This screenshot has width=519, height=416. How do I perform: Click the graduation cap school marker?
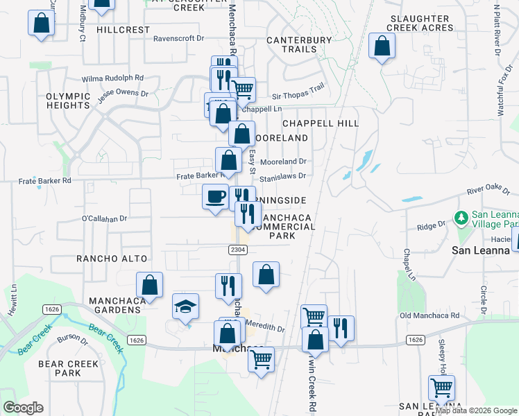186,306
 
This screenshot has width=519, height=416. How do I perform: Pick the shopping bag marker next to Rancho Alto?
149,284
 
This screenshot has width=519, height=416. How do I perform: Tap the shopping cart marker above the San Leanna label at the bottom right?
441,388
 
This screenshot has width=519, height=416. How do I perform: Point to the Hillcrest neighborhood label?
124,30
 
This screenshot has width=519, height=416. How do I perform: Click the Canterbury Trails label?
299,44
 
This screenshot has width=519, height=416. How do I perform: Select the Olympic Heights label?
68,100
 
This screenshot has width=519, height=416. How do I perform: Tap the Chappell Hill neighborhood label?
320,123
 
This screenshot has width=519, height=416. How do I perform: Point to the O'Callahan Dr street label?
105,218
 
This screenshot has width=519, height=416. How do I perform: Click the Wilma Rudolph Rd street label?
112,78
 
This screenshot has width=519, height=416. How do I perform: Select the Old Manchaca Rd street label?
429,315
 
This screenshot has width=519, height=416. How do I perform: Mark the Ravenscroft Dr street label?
181,39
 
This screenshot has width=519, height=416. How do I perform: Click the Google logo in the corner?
23,408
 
